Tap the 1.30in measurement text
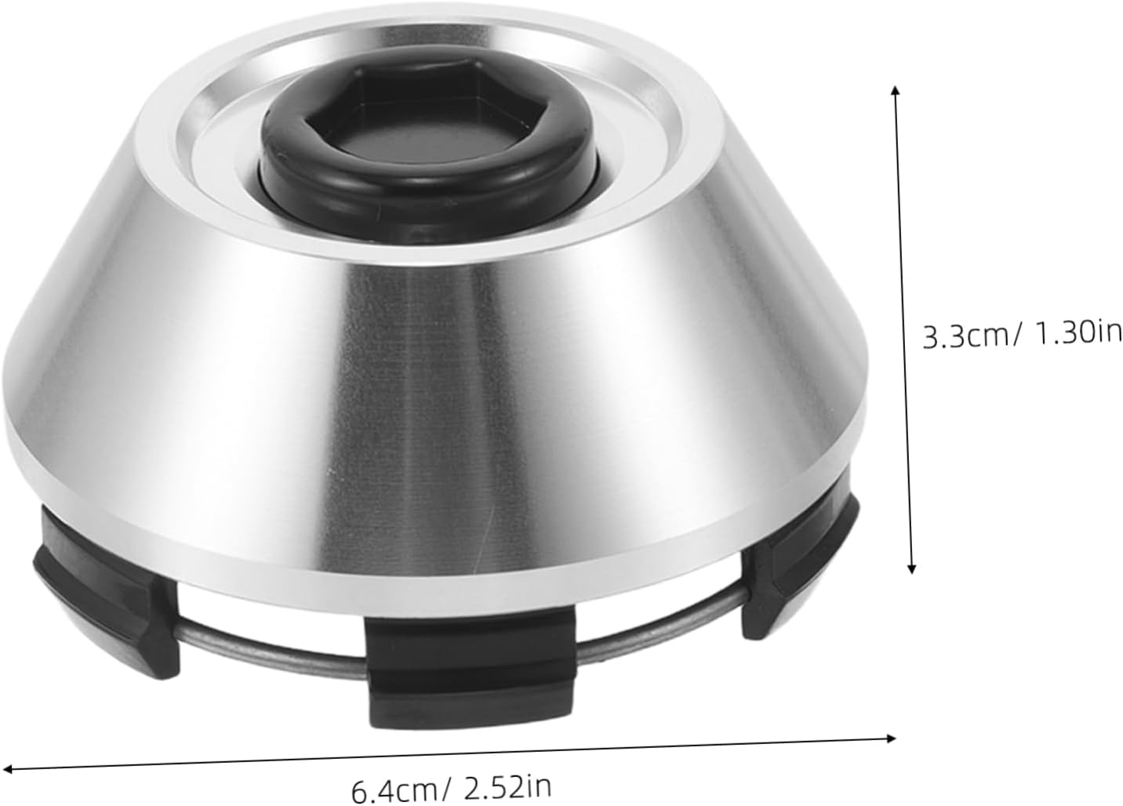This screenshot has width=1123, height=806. point(1078,335)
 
